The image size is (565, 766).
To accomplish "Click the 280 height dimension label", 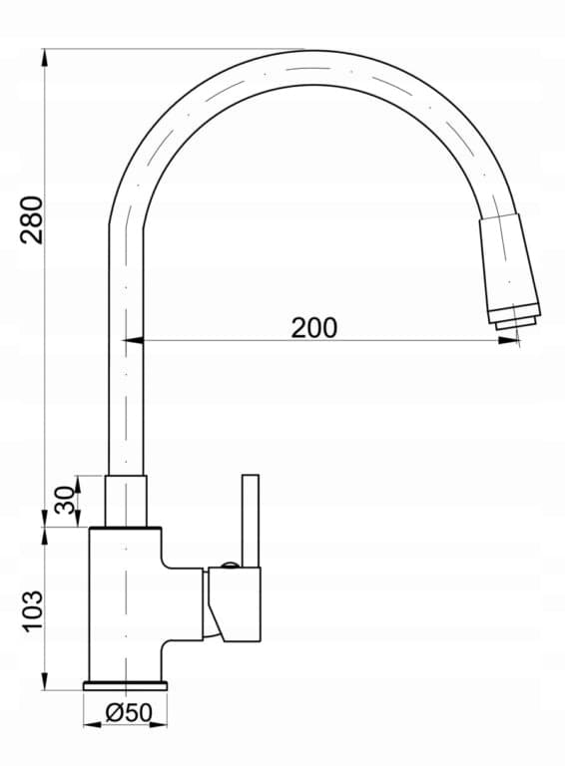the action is tap(31, 219).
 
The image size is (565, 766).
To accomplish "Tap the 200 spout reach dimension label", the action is tap(314, 327).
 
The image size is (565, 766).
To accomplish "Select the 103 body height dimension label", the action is tap(33, 611).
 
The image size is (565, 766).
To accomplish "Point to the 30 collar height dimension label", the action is tap(65, 501).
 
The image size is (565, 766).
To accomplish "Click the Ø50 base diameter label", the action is tap(129, 713).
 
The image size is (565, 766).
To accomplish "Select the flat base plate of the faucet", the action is tap(126, 685).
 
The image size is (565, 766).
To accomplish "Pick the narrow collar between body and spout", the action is tap(126, 502).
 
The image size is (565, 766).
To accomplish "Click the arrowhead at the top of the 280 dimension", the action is tap(45, 58).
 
